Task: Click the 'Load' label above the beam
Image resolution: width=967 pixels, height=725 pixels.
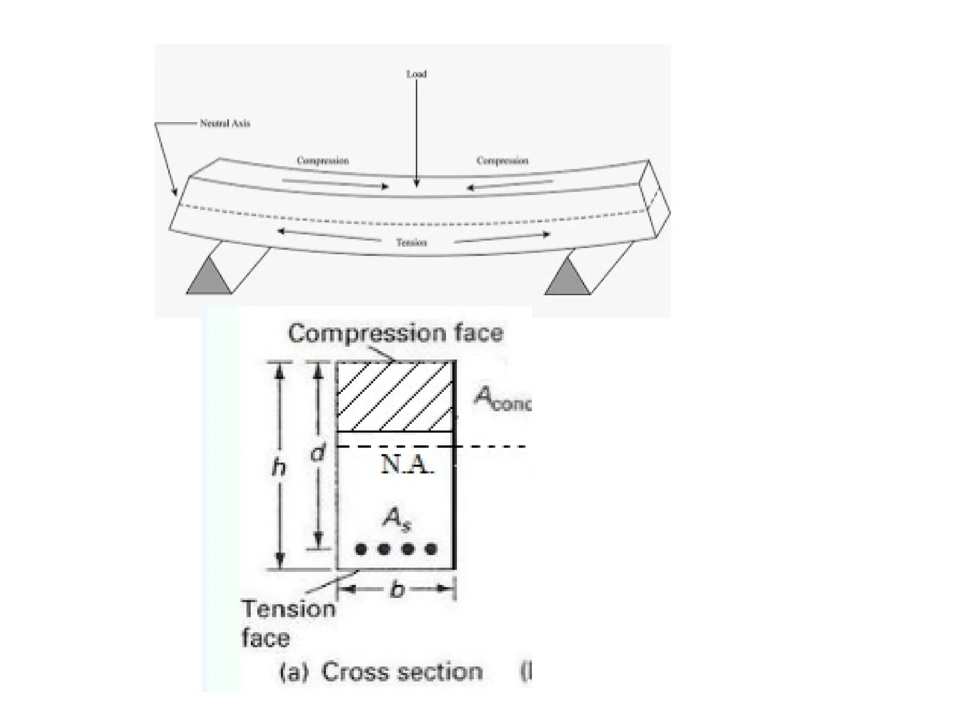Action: click(x=416, y=74)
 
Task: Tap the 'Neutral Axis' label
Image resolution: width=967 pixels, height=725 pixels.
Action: click(x=225, y=124)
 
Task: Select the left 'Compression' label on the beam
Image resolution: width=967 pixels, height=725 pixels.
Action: click(x=322, y=160)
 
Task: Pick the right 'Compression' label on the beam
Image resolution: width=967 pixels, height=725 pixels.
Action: click(x=502, y=160)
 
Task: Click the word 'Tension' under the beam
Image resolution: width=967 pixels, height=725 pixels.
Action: click(x=411, y=243)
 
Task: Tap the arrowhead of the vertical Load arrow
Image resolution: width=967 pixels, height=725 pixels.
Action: click(x=416, y=184)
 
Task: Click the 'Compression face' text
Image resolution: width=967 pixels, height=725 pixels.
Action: click(x=396, y=333)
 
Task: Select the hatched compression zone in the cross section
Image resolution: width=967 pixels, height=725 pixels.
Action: click(x=395, y=396)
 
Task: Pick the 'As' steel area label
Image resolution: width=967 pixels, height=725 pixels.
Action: click(x=396, y=519)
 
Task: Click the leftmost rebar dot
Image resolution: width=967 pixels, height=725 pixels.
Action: click(x=361, y=549)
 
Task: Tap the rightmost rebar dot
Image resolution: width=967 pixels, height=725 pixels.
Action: click(x=431, y=549)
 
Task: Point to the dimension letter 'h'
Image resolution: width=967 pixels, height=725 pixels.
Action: click(x=279, y=467)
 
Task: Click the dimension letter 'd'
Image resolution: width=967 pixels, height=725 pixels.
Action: click(x=318, y=454)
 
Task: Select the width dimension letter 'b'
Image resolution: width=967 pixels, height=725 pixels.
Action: click(x=398, y=589)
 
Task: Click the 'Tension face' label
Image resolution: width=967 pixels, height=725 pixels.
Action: click(x=288, y=623)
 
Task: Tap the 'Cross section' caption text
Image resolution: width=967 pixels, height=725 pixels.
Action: click(x=401, y=672)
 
